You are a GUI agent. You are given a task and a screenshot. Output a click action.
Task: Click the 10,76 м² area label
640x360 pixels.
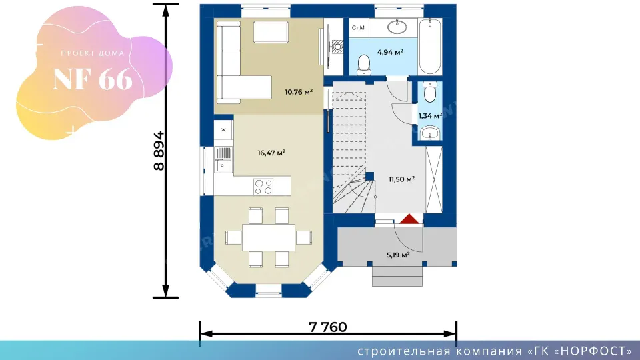[x=299, y=92]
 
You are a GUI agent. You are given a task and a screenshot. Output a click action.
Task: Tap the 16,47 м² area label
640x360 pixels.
[x=271, y=153]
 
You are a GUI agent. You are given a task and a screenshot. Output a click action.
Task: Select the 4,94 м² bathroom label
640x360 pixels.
[x=390, y=52]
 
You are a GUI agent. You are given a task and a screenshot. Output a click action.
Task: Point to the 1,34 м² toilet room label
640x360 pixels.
[x=430, y=116]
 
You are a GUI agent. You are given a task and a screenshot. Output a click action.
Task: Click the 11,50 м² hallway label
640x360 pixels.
[x=401, y=179]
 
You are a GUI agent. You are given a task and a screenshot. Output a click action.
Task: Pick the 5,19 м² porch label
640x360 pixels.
[x=398, y=255]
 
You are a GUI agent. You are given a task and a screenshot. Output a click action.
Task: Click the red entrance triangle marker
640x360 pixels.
[x=409, y=219]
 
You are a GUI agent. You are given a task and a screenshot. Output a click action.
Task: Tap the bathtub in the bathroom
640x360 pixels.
[x=430, y=46]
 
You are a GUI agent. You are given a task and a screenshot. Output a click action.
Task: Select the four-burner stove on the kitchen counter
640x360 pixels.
[x=263, y=187]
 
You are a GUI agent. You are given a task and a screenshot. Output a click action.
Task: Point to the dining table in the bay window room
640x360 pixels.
[x=268, y=237]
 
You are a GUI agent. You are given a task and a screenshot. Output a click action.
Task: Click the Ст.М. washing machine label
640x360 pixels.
[x=359, y=28]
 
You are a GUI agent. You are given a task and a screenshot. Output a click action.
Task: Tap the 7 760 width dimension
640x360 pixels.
[x=328, y=327]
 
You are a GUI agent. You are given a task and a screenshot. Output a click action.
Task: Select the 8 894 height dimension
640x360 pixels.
[x=159, y=151]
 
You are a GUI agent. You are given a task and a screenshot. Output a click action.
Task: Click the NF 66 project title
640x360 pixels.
[x=93, y=79]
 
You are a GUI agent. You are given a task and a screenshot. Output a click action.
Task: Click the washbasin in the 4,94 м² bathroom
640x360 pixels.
[x=397, y=27]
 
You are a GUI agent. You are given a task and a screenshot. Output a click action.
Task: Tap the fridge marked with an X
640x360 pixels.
[x=223, y=130]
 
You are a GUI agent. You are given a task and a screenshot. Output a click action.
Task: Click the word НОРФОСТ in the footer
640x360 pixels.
[x=594, y=351]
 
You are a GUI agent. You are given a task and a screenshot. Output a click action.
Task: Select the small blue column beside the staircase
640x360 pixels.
[x=369, y=176]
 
